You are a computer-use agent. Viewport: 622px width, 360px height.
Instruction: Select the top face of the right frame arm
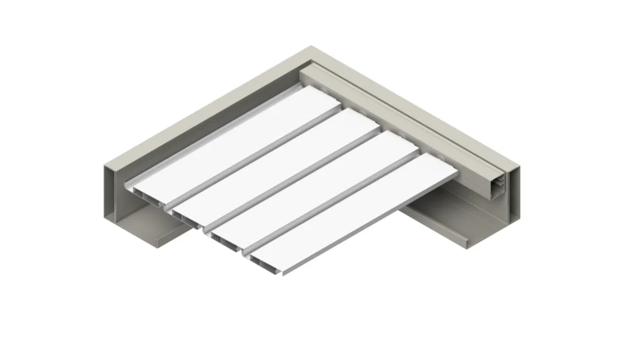[419, 111]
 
